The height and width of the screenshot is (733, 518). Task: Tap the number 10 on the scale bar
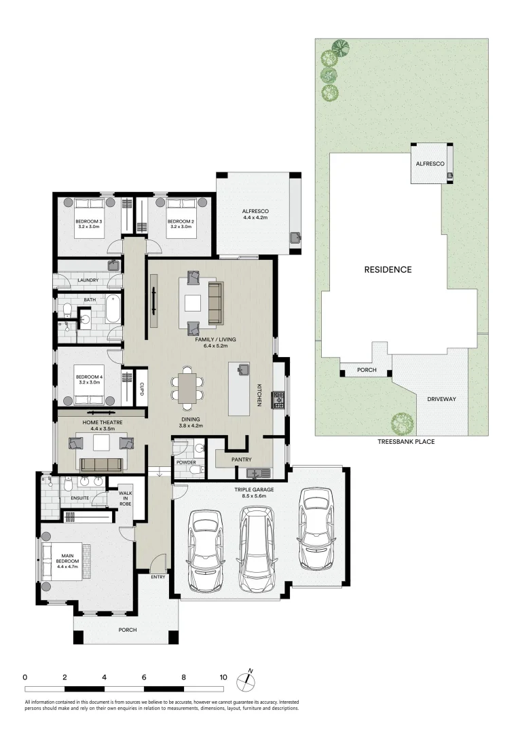click(x=223, y=677)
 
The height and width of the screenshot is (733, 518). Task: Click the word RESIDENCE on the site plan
click(x=388, y=269)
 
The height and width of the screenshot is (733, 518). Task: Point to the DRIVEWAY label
click(x=441, y=399)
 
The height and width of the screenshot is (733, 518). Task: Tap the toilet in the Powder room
click(x=194, y=469)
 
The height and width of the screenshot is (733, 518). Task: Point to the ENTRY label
click(x=158, y=577)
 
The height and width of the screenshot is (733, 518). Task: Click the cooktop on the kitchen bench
click(x=278, y=400)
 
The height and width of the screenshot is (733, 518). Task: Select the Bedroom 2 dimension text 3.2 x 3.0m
click(x=181, y=227)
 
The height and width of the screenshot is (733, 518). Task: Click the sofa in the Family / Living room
click(x=215, y=303)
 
